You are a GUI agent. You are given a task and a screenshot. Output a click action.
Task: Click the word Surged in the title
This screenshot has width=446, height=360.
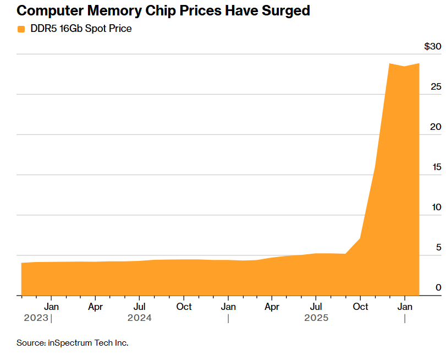pyautogui.click(x=288, y=10)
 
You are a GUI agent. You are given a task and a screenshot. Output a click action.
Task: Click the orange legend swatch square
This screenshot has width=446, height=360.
pyautogui.click(x=21, y=29)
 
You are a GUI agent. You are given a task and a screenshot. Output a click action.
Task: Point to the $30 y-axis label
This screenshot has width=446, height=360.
pyautogui.click(x=432, y=46)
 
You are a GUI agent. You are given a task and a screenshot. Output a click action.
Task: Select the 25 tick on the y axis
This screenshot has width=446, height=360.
pyautogui.click(x=436, y=87)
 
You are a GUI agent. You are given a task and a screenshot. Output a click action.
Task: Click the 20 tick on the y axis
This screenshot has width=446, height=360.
pyautogui.click(x=436, y=127)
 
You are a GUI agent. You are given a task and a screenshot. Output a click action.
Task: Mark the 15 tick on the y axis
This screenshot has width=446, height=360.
pyautogui.click(x=436, y=167)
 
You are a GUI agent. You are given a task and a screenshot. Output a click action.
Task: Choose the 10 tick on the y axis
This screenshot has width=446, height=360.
pyautogui.click(x=436, y=208)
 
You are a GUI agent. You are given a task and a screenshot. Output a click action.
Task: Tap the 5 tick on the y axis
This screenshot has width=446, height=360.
pyautogui.click(x=438, y=248)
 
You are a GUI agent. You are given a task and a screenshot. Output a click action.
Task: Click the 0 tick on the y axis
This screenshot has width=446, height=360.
pyautogui.click(x=438, y=287)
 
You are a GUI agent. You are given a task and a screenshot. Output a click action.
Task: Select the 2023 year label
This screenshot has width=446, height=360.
pyautogui.click(x=36, y=318)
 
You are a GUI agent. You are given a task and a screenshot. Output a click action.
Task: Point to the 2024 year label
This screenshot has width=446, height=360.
pyautogui.click(x=139, y=318)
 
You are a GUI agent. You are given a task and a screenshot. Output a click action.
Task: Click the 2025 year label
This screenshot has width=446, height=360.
pyautogui.click(x=316, y=318)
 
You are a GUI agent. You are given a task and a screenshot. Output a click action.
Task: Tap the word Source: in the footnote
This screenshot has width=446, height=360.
pyautogui.click(x=31, y=343)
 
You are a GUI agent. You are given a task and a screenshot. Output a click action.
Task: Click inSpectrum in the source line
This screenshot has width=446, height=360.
pyautogui.click(x=70, y=343)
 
